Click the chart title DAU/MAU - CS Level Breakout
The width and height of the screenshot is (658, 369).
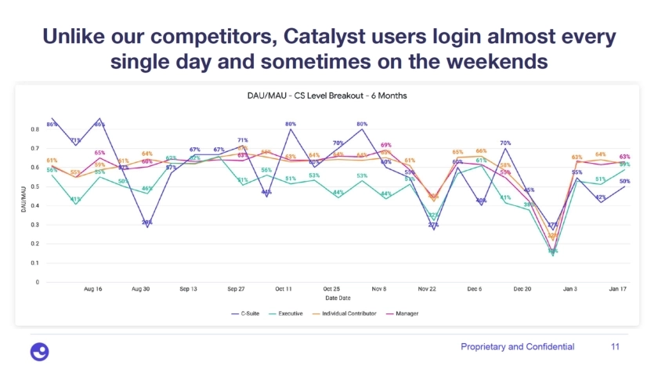coord(323,96)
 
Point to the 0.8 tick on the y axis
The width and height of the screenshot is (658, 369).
coord(36,128)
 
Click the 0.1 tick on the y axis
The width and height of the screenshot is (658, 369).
coord(36,262)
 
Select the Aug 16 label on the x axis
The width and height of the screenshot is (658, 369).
coord(92,289)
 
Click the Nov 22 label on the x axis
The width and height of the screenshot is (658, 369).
coord(426,289)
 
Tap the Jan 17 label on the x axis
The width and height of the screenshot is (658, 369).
coord(617,289)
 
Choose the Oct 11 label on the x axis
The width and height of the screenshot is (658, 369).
coord(284,289)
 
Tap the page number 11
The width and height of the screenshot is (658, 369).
coord(614,346)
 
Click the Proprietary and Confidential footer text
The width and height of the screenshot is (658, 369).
coord(517,346)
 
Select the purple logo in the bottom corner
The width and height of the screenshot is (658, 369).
coord(38,350)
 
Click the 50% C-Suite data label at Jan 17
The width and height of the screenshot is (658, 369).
coord(625,181)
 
